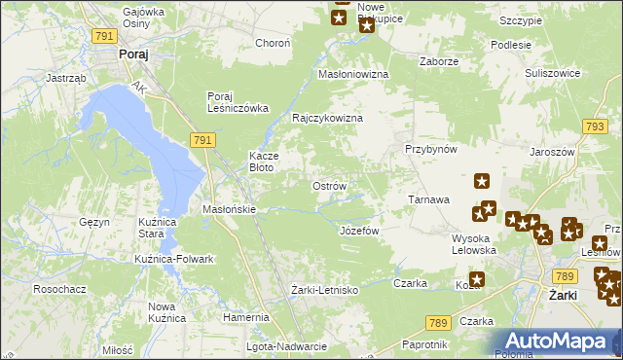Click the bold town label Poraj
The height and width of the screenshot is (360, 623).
coord(132,55)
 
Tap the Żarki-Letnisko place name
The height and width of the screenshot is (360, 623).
coord(325,290)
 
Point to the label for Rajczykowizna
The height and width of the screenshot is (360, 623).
coord(327,118)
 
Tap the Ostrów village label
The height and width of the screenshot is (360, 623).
coord(328,186)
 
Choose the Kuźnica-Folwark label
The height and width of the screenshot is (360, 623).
coord(174,259)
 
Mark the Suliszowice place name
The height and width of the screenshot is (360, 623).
coord(552,72)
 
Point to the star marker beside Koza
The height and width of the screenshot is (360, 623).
coord(476,279)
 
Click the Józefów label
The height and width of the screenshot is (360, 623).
coord(358,231)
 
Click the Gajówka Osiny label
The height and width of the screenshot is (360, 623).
coord(143,18)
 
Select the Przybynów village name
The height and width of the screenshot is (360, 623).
coord(431,149)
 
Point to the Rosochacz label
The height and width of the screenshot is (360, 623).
coord(60,289)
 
